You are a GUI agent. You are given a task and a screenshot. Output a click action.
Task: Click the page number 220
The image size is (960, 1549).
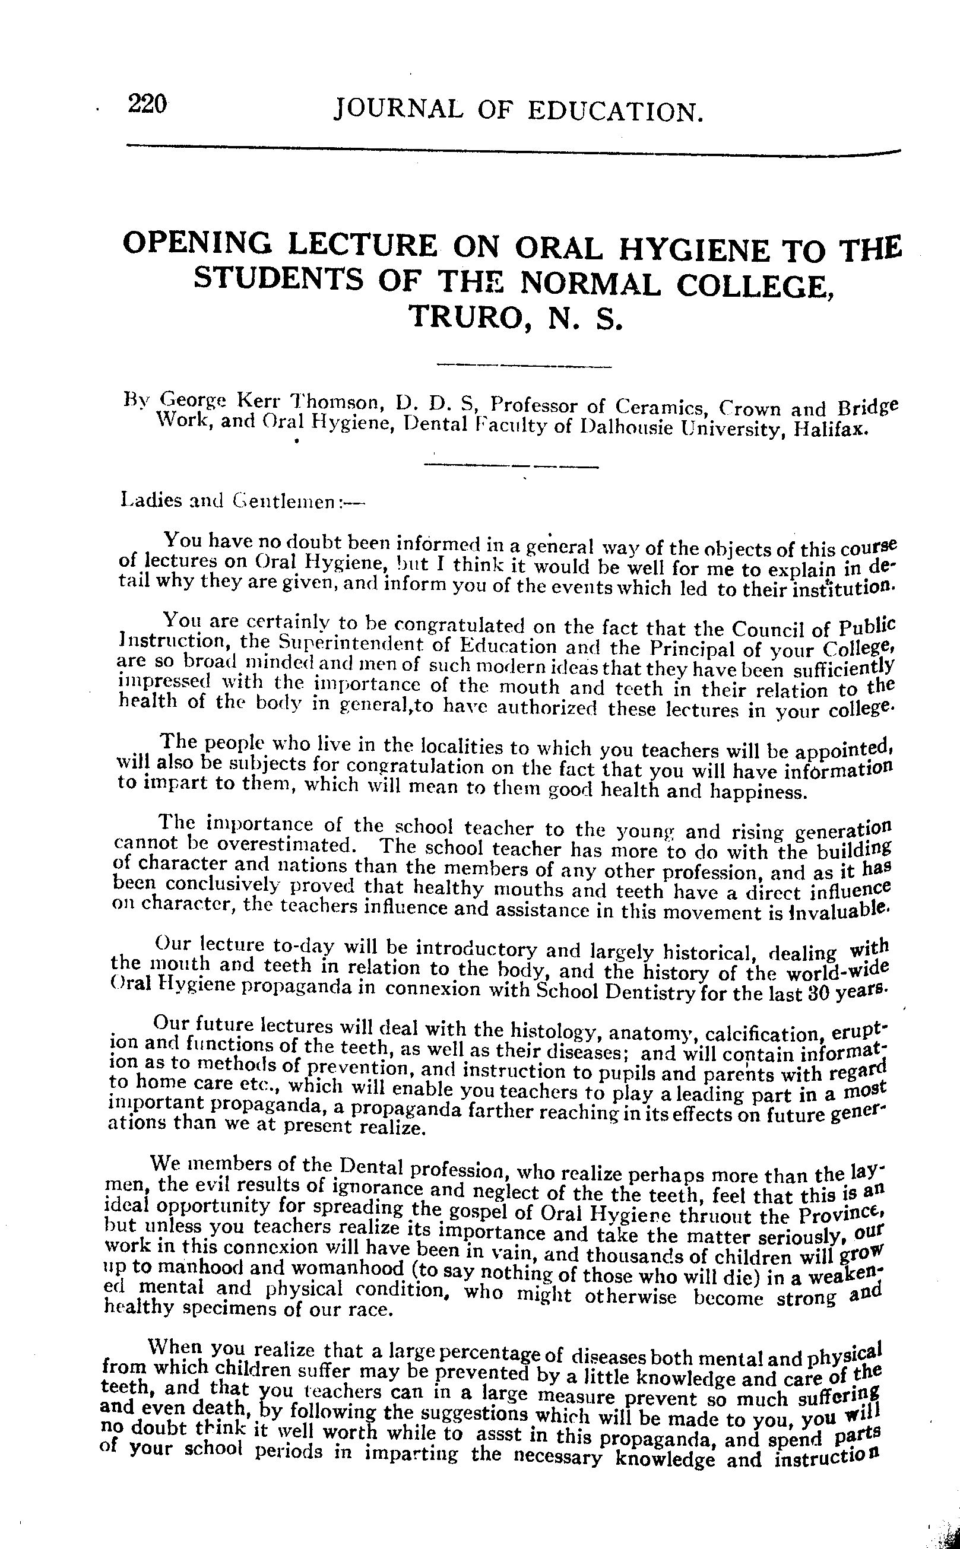[x=147, y=103]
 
